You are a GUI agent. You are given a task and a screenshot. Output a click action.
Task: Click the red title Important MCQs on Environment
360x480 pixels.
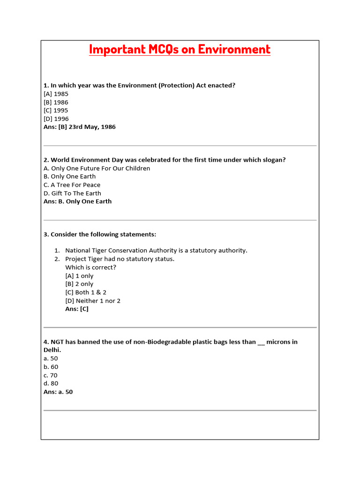click(x=180, y=49)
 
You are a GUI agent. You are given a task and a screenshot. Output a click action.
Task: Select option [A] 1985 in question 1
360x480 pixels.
click(x=56, y=94)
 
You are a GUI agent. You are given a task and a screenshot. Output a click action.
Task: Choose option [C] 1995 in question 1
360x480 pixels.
click(x=56, y=111)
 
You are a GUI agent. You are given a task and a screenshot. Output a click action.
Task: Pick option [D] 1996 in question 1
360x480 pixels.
click(x=56, y=119)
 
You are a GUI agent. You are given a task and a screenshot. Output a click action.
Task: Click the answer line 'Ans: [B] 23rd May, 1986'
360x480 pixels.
click(x=79, y=127)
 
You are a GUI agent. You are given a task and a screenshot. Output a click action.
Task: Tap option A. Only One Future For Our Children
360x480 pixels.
click(x=97, y=168)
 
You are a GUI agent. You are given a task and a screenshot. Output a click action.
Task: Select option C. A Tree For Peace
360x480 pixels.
click(x=72, y=185)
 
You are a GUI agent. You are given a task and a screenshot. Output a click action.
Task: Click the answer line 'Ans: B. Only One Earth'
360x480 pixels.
click(x=77, y=202)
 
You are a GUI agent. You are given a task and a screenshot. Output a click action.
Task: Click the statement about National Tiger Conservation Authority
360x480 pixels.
click(x=156, y=251)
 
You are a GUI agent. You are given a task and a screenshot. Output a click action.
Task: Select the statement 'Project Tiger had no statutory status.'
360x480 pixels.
click(x=120, y=259)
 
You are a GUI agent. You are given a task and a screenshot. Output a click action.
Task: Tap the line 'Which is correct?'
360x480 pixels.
click(x=90, y=268)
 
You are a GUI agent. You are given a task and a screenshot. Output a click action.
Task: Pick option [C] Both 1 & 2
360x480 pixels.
click(x=86, y=292)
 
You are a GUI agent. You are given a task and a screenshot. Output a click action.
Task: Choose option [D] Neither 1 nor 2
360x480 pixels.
click(x=93, y=301)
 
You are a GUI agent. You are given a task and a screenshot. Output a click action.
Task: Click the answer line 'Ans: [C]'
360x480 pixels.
click(x=77, y=309)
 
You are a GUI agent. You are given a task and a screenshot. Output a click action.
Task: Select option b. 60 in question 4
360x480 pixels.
click(x=51, y=367)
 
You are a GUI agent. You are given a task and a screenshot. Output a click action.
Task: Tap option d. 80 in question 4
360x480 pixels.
click(x=51, y=383)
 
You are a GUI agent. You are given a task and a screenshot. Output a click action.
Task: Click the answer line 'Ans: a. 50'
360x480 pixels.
click(x=58, y=392)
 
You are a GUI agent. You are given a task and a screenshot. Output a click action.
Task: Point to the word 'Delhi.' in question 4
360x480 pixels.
click(x=52, y=350)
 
